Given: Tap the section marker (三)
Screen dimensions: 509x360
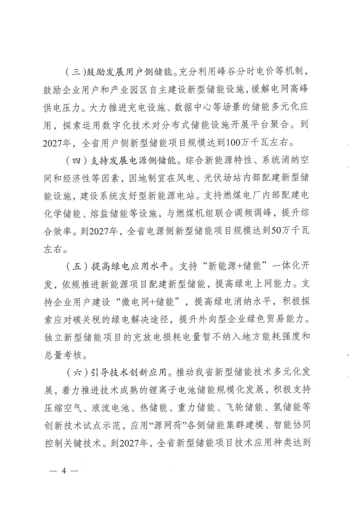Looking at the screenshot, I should (x=74, y=72).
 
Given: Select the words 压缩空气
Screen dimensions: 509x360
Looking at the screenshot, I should (x=62, y=408).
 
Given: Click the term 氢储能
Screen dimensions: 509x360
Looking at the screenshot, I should (x=286, y=408).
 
